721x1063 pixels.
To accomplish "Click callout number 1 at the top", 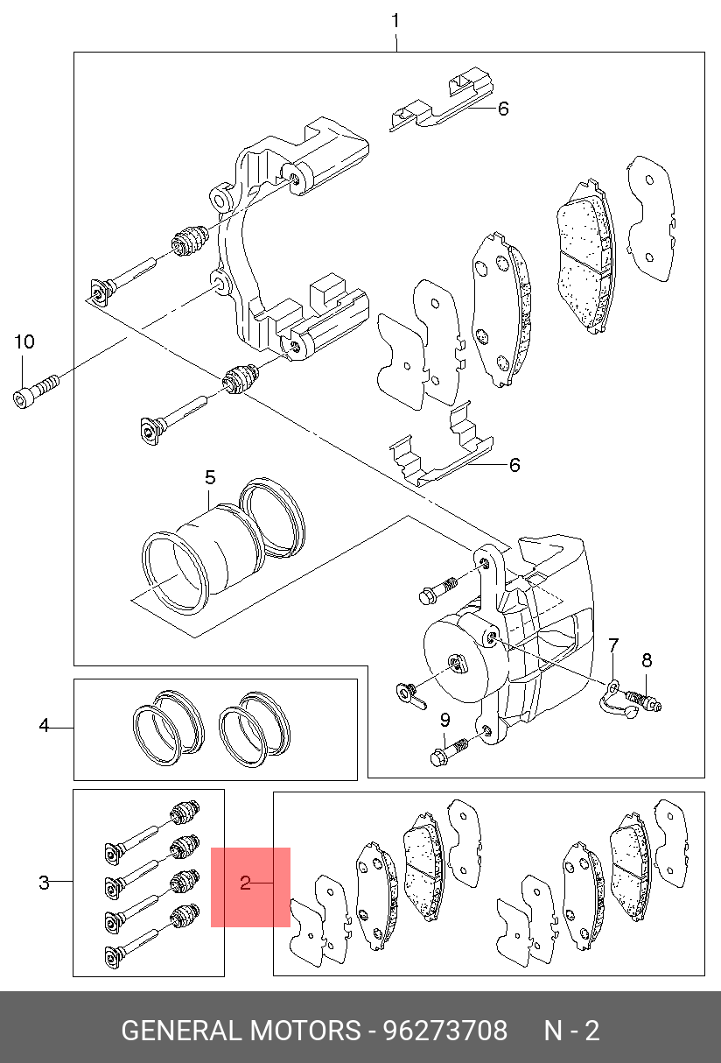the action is point(395,21).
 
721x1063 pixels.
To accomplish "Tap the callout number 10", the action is point(24,341).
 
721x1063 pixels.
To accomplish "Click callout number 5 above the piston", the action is point(210,477).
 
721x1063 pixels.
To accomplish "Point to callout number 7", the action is point(613,645).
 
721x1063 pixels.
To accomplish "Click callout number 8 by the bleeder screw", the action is point(647,660).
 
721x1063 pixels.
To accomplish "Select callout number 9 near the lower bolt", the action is point(444,721).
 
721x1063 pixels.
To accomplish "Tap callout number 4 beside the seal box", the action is point(44,725).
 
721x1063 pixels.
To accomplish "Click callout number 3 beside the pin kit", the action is point(44,883).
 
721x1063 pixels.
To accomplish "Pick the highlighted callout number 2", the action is point(245,883).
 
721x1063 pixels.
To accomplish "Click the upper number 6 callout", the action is point(503,109).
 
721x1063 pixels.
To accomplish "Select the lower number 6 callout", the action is point(514,465).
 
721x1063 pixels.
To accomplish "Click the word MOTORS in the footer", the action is point(305,1031).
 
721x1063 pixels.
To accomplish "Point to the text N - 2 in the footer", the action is point(571,1031).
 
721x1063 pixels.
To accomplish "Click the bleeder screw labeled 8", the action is point(644,701).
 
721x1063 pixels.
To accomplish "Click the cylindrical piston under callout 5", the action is point(218,551).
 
